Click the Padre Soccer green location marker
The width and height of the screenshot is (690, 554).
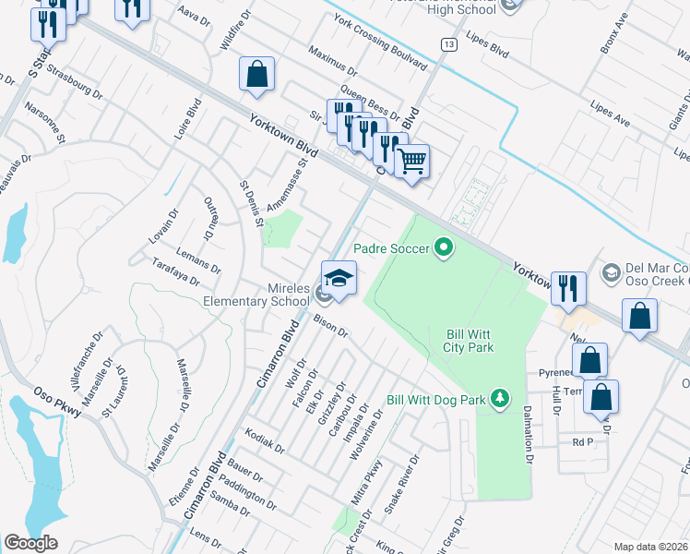tap(445, 247)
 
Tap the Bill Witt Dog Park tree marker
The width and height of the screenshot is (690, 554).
tap(499, 398)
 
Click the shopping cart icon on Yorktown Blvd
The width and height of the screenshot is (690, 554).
tap(411, 162)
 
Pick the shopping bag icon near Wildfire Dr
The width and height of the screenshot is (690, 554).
tap(257, 75)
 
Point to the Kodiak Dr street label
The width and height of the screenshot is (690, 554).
tap(266, 440)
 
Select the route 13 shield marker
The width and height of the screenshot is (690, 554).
tap(448, 44)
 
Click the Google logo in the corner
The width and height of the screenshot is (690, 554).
tap(31, 542)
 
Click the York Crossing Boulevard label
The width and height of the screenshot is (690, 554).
tap(381, 43)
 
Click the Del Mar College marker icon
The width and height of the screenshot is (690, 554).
tap(610, 272)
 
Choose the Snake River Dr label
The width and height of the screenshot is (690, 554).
tap(402, 484)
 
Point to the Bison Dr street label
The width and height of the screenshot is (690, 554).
tap(329, 325)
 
